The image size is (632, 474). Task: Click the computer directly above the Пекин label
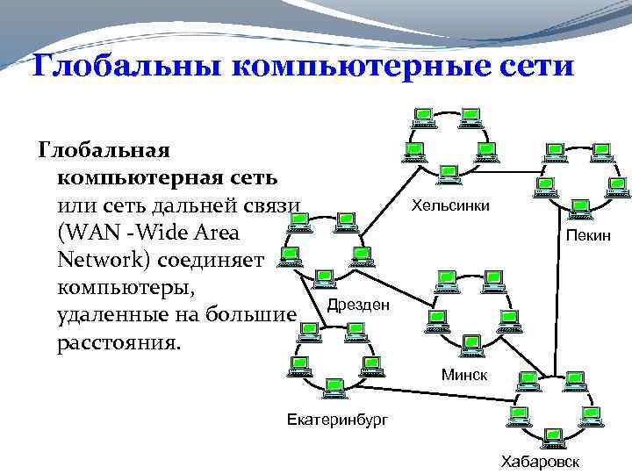580,209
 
